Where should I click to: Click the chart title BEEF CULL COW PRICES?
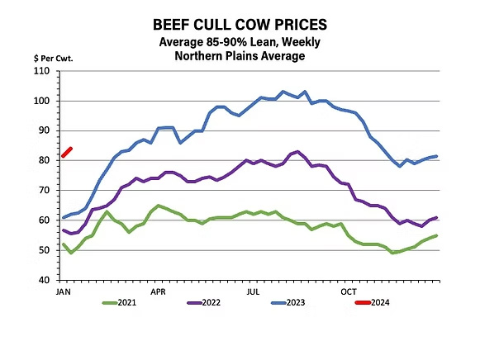(x=240, y=26)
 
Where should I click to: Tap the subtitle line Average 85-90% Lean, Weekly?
(x=240, y=42)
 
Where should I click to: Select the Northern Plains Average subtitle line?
(x=240, y=56)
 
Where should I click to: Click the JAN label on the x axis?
(x=63, y=291)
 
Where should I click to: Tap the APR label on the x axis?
(x=158, y=291)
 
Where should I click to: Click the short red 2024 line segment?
(x=67, y=152)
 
